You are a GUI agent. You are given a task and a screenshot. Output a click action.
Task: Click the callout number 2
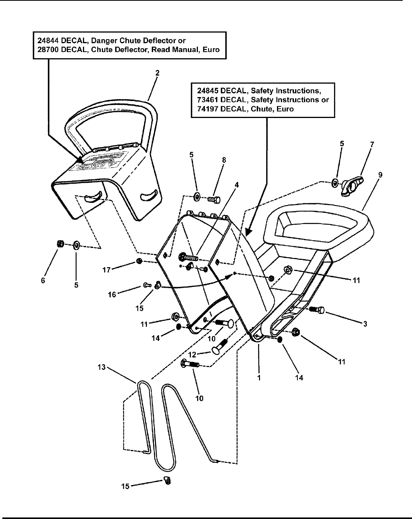pos(157,72)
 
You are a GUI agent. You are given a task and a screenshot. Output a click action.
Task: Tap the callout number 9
pos(380,175)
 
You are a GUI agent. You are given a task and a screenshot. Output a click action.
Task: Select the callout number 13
pos(101,367)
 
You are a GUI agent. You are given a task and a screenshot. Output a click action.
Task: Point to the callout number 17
pos(106,270)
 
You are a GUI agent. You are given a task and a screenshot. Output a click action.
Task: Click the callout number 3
pos(365,324)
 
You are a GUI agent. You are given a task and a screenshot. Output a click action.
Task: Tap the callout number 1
pos(259,378)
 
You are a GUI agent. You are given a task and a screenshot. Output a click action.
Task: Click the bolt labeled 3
pos(317,309)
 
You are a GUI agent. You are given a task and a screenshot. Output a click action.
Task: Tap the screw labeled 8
pos(213,199)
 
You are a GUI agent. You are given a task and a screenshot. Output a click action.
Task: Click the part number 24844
pos(47,40)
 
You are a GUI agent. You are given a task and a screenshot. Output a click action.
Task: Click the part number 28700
pos(47,50)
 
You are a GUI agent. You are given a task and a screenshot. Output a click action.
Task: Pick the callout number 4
pos(237,185)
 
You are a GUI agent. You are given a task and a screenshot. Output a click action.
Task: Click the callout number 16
pos(112,295)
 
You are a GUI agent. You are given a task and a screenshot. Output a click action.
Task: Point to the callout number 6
pos(43,280)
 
